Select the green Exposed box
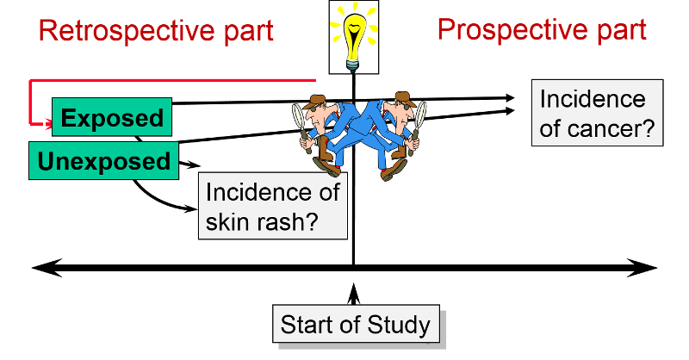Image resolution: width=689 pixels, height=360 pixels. pyautogui.click(x=111, y=118)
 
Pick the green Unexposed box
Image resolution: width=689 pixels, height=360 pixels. pyautogui.click(x=103, y=161)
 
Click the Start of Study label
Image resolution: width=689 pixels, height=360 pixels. pyautogui.click(x=355, y=325)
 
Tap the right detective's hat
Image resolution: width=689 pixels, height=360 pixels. pyautogui.click(x=403, y=97)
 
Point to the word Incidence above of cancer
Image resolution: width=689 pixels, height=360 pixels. pyautogui.click(x=593, y=99)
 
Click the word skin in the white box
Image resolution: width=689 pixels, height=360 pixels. pyautogui.click(x=228, y=221)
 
